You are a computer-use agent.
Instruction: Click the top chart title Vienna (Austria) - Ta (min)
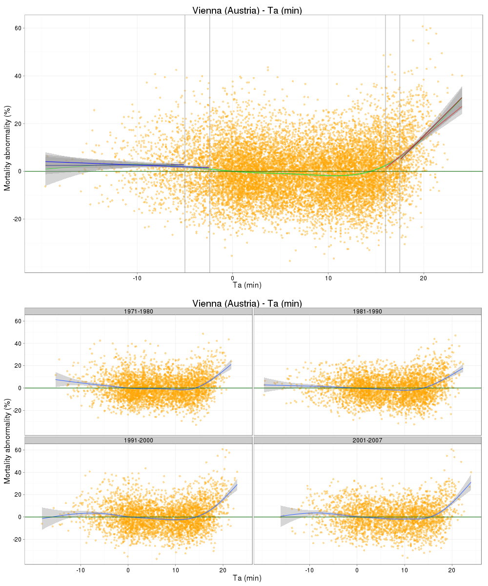point(247,10)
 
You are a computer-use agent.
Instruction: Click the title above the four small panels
point(247,303)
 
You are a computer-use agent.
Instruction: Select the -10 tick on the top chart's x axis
point(137,278)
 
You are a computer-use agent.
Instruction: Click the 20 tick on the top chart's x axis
point(423,278)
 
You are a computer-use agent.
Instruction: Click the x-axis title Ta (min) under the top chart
point(247,285)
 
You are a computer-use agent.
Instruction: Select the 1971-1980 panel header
point(139,312)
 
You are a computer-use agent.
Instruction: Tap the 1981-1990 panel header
point(367,312)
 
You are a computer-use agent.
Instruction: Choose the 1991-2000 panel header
point(139,440)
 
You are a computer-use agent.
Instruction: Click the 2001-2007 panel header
point(367,440)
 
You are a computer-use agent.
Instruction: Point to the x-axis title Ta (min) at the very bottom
point(247,578)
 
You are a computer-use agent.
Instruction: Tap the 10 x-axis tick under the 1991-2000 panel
point(175,569)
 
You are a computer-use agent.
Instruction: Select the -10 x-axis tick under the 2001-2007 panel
point(309,569)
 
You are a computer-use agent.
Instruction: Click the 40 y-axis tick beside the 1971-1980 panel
point(17,343)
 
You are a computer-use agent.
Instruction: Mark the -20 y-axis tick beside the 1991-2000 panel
point(16,539)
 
